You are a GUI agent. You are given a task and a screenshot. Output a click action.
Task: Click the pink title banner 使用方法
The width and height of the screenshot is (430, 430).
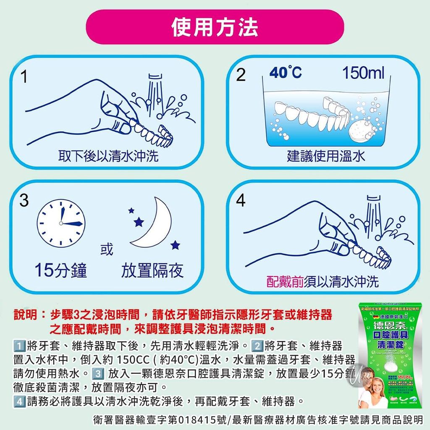coord(215,27)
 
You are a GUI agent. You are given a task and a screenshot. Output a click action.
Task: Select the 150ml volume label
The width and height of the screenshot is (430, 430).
coord(363,73)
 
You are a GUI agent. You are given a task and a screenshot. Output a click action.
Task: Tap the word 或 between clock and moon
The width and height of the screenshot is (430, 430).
coord(106,249)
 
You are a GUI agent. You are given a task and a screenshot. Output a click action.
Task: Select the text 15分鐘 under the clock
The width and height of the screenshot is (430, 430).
coord(61,271)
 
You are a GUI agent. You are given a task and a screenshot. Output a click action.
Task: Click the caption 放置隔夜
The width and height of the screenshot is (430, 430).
coord(152,271)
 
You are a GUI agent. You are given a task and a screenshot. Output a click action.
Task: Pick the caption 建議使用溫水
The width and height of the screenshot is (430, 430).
coord(326,156)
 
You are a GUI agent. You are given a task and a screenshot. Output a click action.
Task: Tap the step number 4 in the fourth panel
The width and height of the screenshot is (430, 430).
coord(240,201)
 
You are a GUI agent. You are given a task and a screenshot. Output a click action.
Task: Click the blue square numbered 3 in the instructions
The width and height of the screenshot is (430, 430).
coord(97,373)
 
